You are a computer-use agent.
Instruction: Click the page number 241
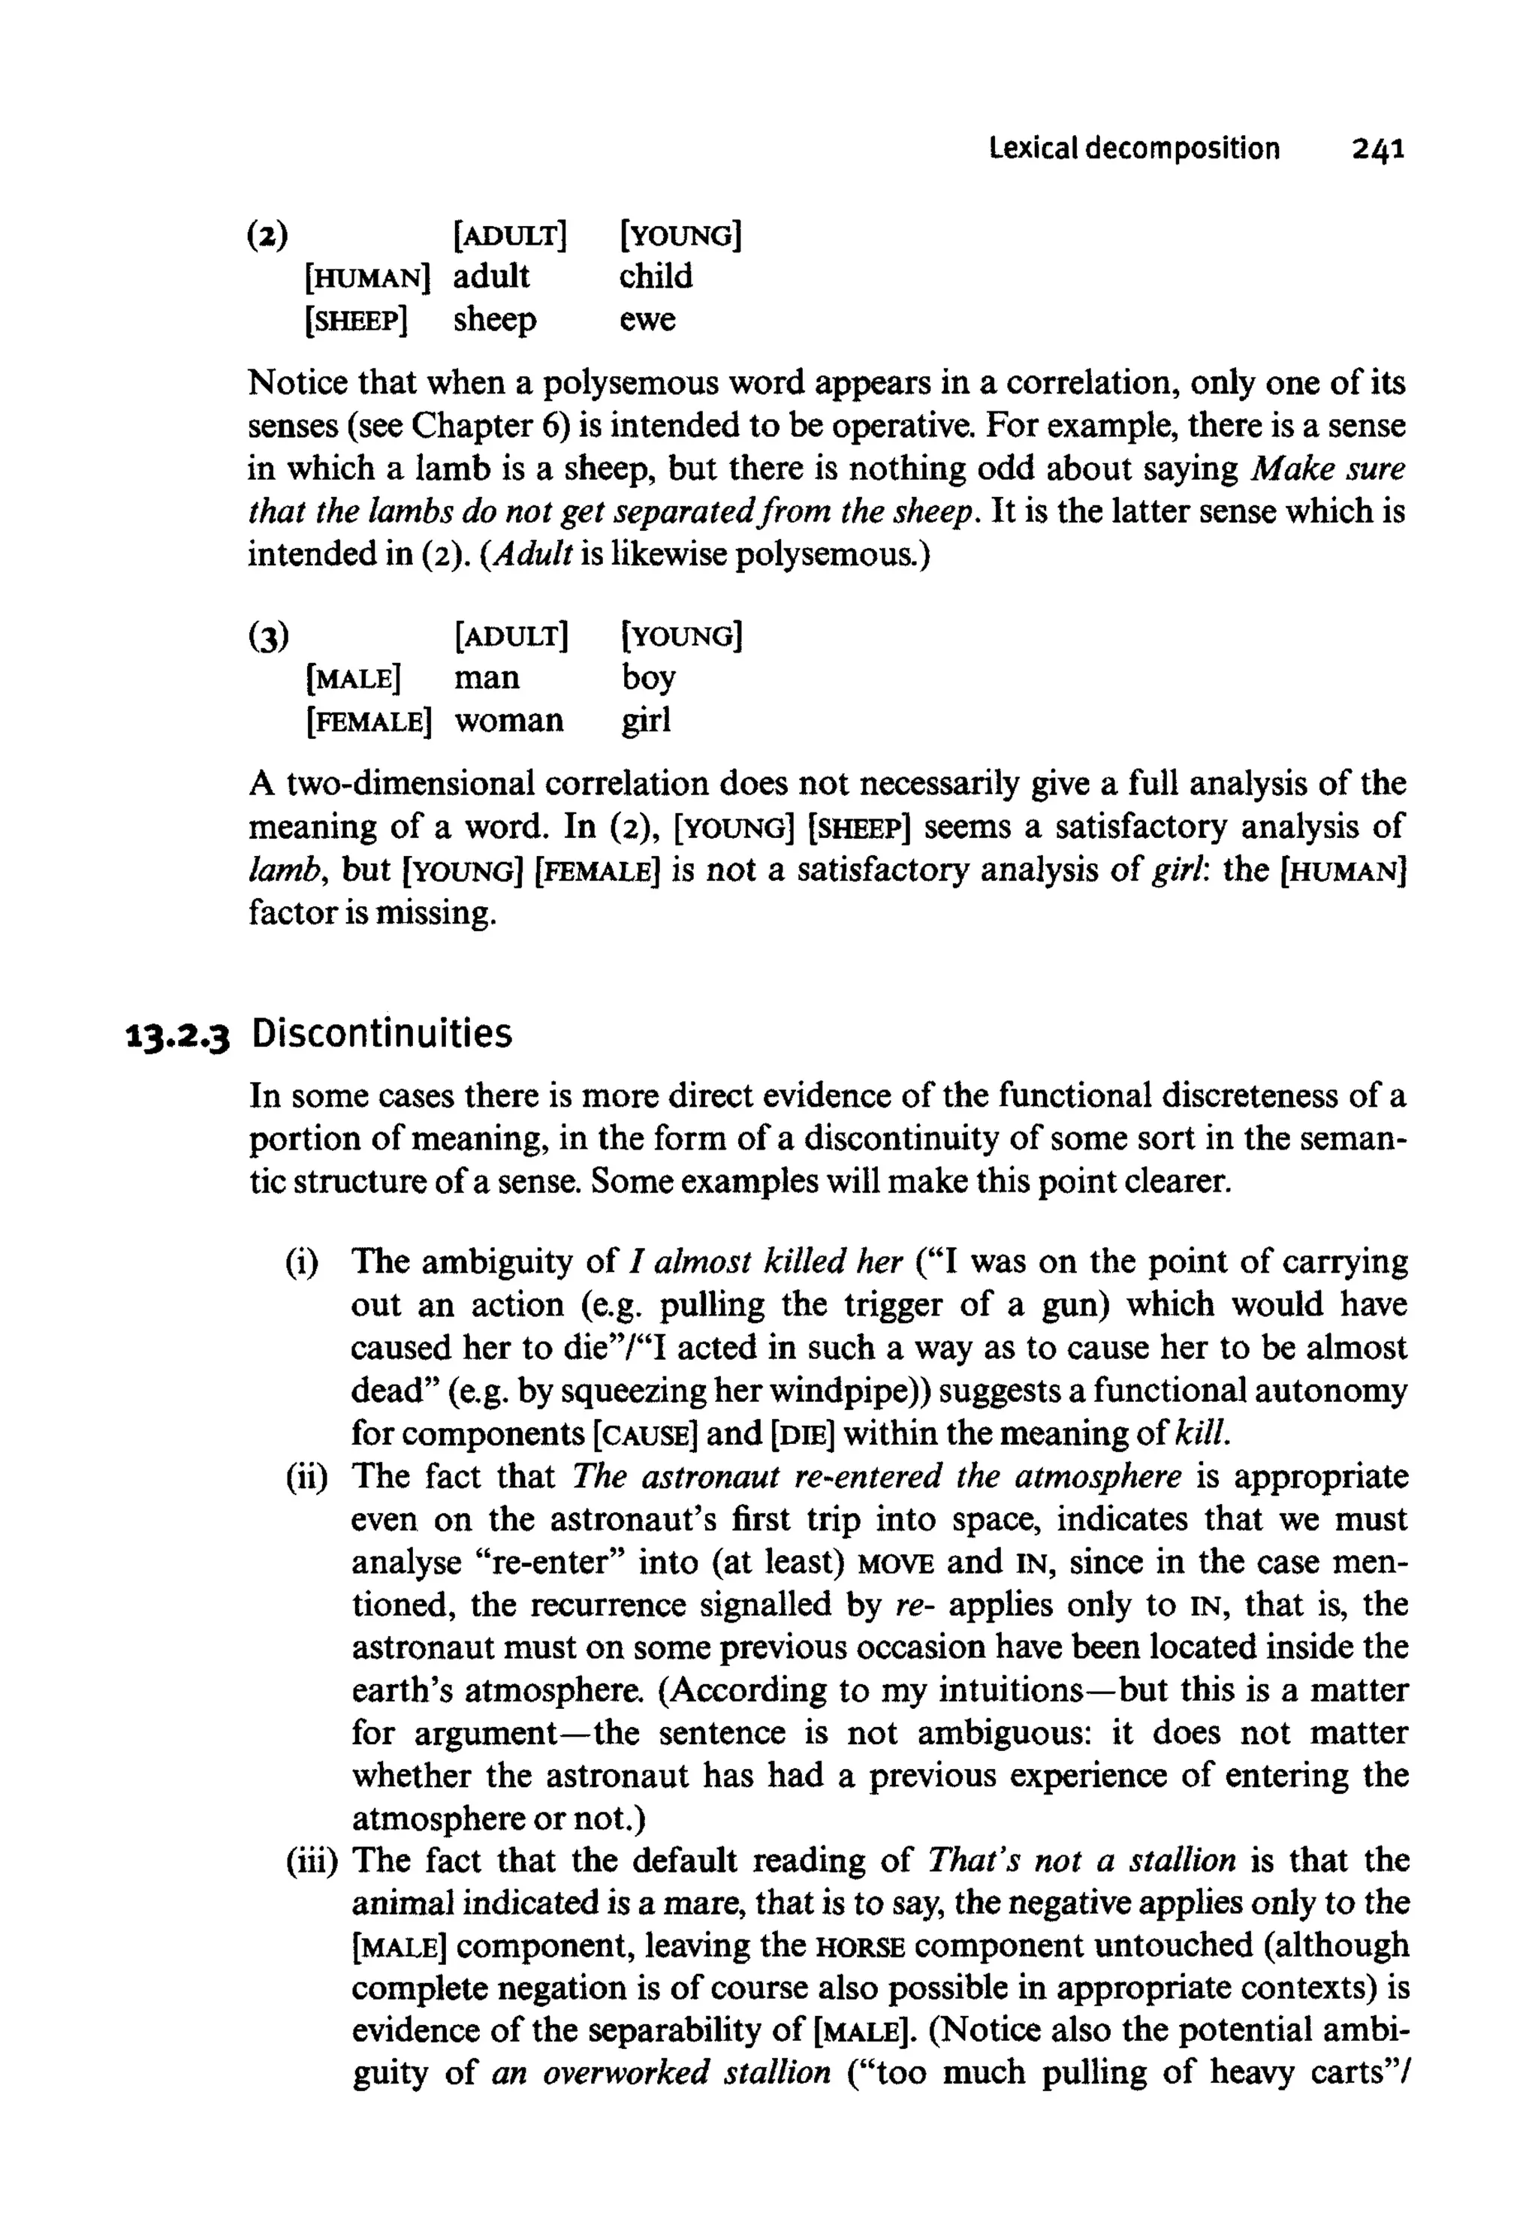pyautogui.click(x=1378, y=149)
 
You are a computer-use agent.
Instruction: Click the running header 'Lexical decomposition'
pyautogui.click(x=1134, y=149)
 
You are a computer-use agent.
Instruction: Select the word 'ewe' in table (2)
pyautogui.click(x=647, y=319)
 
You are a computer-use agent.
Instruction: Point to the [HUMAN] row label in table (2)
pyautogui.click(x=366, y=279)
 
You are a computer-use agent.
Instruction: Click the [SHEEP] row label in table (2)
pyautogui.click(x=356, y=321)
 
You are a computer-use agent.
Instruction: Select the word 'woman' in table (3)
pyautogui.click(x=509, y=721)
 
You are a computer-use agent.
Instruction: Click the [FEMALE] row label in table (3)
pyautogui.click(x=368, y=722)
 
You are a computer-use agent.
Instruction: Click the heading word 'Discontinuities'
pyautogui.click(x=381, y=1035)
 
